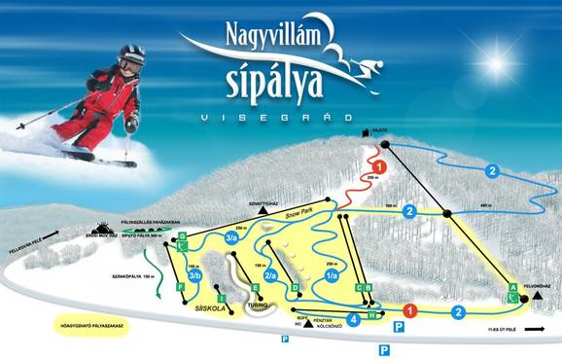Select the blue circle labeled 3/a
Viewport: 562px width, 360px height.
click(230, 235)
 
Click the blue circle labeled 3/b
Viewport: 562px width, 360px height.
click(194, 276)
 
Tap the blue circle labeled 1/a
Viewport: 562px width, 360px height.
click(332, 275)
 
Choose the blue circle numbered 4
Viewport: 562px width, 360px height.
click(353, 318)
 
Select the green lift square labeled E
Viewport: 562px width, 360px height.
click(256, 288)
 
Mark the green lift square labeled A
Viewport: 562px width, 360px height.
click(512, 287)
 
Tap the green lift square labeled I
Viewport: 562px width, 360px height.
click(222, 298)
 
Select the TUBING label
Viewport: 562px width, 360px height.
click(257, 305)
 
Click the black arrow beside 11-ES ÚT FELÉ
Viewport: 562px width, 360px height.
click(532, 330)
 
